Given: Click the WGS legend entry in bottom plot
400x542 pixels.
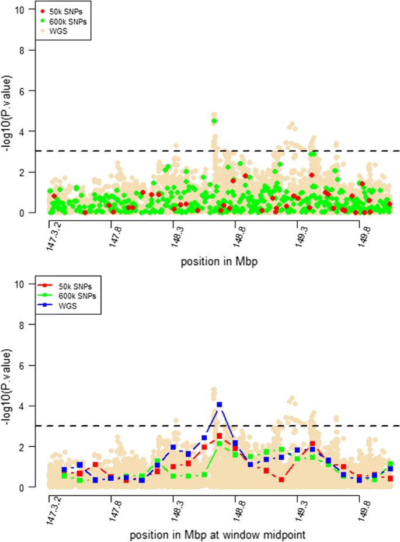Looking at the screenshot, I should click(x=65, y=305).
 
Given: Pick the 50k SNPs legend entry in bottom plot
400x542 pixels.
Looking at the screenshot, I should click(x=65, y=286).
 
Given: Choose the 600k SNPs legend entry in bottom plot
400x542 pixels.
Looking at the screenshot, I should click(x=65, y=296).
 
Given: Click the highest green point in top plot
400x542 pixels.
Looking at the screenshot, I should click(x=214, y=121).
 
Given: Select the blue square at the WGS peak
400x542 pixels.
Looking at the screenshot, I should click(x=220, y=404).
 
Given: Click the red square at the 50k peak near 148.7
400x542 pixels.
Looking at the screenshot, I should click(x=220, y=436).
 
